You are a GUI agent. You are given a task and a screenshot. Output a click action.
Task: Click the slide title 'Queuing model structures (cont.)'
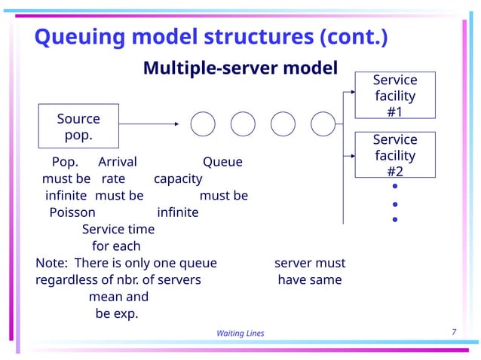[212, 36]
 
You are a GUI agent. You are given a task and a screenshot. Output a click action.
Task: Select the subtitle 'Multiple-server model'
[240, 69]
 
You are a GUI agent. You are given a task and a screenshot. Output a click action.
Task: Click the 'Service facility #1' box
[394, 96]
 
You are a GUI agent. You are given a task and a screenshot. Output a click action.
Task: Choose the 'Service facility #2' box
[394, 155]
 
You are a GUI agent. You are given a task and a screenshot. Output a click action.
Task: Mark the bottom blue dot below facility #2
[394, 220]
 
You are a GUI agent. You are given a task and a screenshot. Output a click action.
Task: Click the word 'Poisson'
[72, 212]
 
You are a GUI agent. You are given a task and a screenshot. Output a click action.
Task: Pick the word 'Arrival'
[118, 162]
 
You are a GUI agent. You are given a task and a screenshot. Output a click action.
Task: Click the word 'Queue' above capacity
[222, 162]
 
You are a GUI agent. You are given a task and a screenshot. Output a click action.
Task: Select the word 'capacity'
[178, 179]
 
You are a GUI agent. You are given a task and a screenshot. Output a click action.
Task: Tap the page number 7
[454, 332]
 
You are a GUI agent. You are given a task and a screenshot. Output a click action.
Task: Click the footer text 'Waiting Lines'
[240, 334]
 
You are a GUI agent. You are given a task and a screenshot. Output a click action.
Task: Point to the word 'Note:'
[51, 263]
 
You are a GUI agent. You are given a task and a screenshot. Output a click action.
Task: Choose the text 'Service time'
[118, 229]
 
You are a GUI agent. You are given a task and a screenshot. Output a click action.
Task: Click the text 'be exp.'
[116, 313]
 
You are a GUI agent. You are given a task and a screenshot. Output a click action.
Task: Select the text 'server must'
[310, 263]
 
